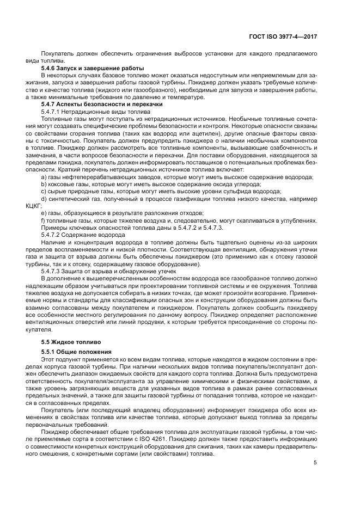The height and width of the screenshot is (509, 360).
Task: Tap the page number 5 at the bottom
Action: click(315, 463)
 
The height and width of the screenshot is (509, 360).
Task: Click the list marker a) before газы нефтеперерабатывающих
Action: click(44, 177)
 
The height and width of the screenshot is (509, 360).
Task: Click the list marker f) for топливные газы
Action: click(43, 220)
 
